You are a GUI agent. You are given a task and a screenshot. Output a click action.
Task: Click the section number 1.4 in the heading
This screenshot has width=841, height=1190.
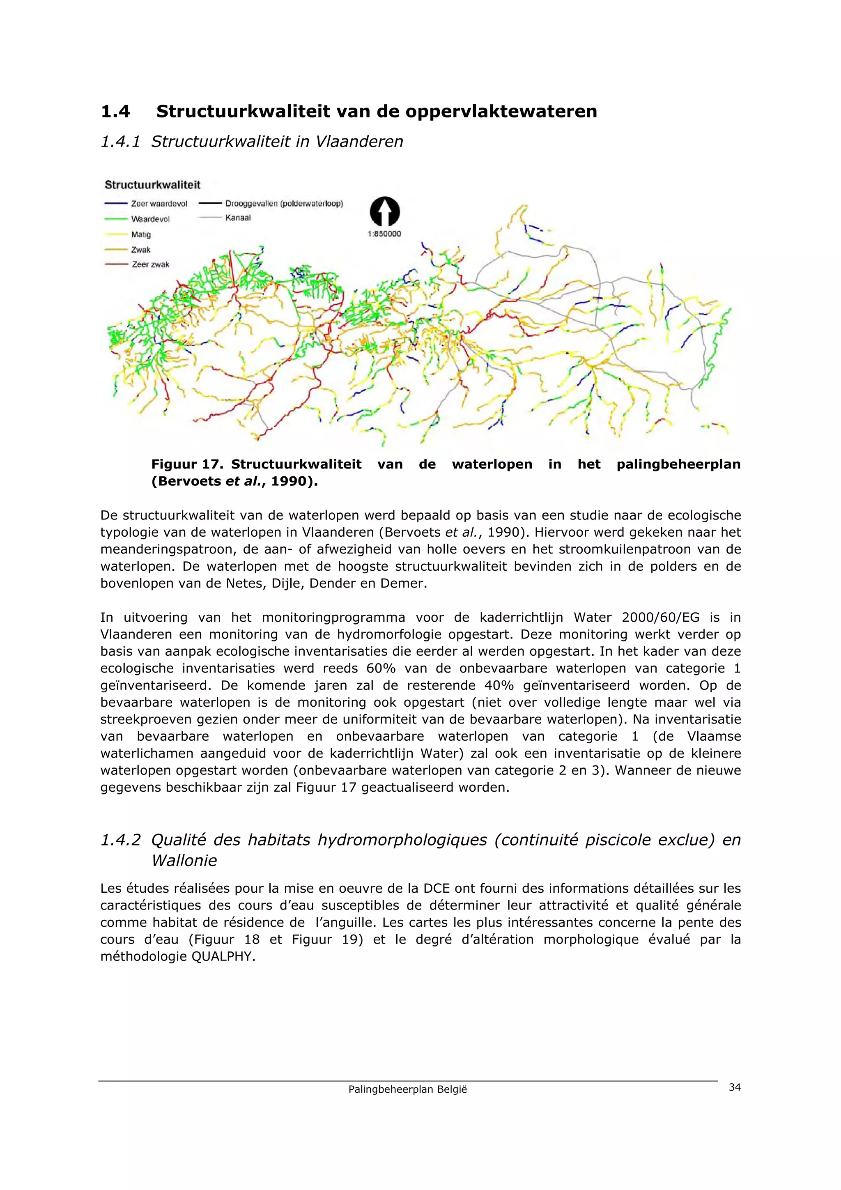click(115, 111)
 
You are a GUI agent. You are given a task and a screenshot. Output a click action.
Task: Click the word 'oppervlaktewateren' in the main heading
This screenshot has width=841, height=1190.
click(501, 111)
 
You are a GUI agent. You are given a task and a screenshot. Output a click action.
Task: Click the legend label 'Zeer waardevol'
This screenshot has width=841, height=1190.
click(159, 204)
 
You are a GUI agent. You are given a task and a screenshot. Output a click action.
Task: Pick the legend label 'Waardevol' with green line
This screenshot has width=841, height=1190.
click(150, 219)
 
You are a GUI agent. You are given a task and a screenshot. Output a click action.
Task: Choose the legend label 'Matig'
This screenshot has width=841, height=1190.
click(141, 234)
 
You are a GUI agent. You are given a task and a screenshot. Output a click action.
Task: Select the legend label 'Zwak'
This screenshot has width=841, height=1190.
click(141, 250)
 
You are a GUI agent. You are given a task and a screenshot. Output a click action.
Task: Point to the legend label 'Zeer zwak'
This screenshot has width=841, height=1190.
click(150, 265)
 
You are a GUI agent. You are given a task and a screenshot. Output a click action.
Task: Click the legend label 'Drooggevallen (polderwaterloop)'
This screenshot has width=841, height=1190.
click(284, 204)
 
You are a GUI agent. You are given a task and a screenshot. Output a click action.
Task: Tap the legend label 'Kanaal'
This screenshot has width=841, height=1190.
click(238, 218)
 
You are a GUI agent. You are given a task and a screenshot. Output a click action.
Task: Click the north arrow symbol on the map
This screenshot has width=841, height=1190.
click(384, 211)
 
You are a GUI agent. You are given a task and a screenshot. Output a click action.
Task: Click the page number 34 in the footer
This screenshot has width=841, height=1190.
click(734, 1087)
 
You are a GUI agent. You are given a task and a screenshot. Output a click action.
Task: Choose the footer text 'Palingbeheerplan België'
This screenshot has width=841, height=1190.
click(407, 1089)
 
